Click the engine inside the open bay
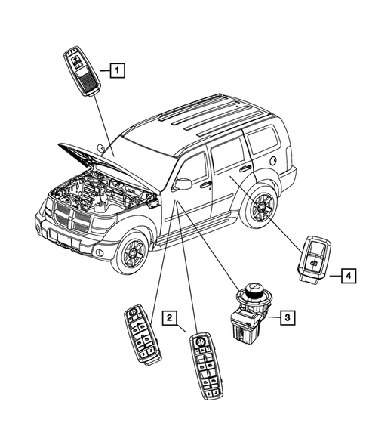[106, 192]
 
